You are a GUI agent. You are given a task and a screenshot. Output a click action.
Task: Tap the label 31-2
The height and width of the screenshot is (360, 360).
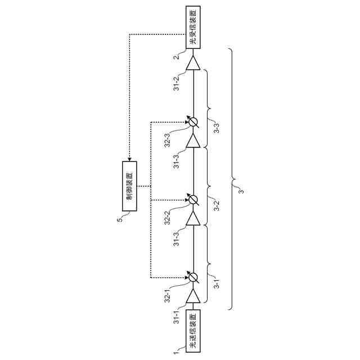pos(176,83)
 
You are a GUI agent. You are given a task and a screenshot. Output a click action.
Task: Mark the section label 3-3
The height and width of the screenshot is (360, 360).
pos(217,127)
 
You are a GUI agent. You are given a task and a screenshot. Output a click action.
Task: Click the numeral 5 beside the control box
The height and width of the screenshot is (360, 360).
pos(119,219)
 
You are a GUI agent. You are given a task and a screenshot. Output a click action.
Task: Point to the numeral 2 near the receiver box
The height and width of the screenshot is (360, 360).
pos(176,57)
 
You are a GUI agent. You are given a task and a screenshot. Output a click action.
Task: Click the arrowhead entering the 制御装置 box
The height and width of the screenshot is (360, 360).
pos(129,159)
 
